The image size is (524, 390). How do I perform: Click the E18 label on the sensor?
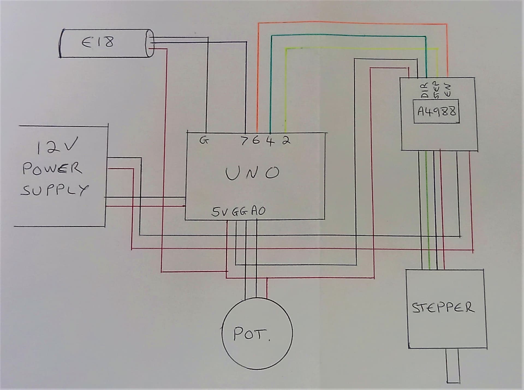point(98,42)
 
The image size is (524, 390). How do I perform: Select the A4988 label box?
point(436,111)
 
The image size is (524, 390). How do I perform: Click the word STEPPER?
point(443,307)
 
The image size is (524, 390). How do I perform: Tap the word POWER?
point(52,169)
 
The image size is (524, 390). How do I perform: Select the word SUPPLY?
point(55,190)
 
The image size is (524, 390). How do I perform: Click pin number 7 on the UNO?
point(245,141)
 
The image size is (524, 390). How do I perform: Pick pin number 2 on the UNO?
point(286,140)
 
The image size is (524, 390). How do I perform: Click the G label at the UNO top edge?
point(203,140)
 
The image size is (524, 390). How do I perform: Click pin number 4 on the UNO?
point(270,141)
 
